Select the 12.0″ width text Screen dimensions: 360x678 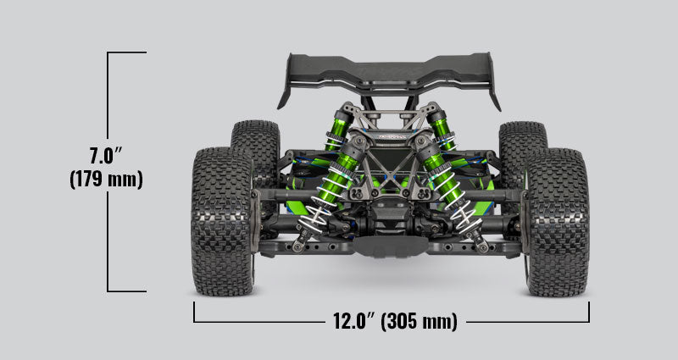(x=350, y=322)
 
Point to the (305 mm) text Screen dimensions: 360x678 (x=419, y=322)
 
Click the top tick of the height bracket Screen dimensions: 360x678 (x=127, y=53)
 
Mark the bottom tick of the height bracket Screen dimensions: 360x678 (x=127, y=291)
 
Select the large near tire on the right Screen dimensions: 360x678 (x=558, y=222)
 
